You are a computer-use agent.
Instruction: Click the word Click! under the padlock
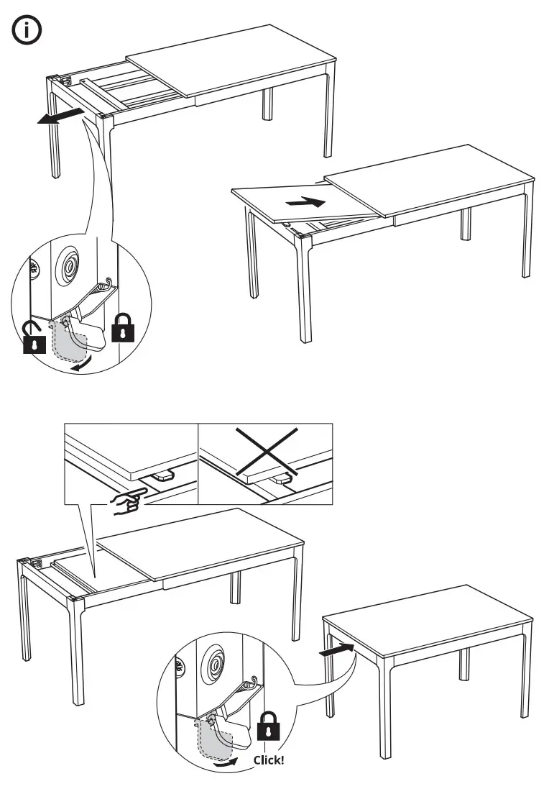pyautogui.click(x=269, y=760)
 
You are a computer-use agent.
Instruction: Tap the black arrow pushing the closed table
pyautogui.click(x=336, y=650)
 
